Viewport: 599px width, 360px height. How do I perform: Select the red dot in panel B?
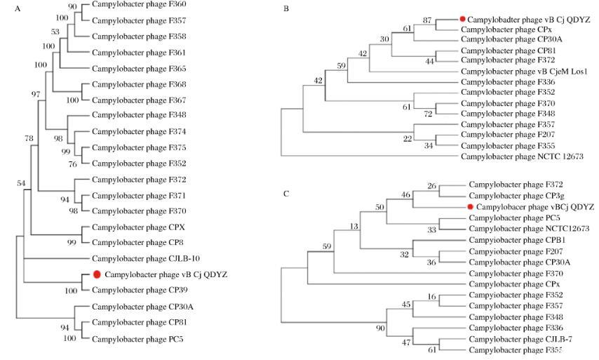(x=462, y=20)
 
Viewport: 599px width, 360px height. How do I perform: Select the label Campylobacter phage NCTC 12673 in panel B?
(x=523, y=156)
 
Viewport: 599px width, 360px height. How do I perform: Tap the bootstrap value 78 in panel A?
(x=29, y=139)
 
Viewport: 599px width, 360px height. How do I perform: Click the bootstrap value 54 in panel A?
(x=22, y=183)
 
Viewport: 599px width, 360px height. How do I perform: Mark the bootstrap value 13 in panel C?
(x=354, y=226)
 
